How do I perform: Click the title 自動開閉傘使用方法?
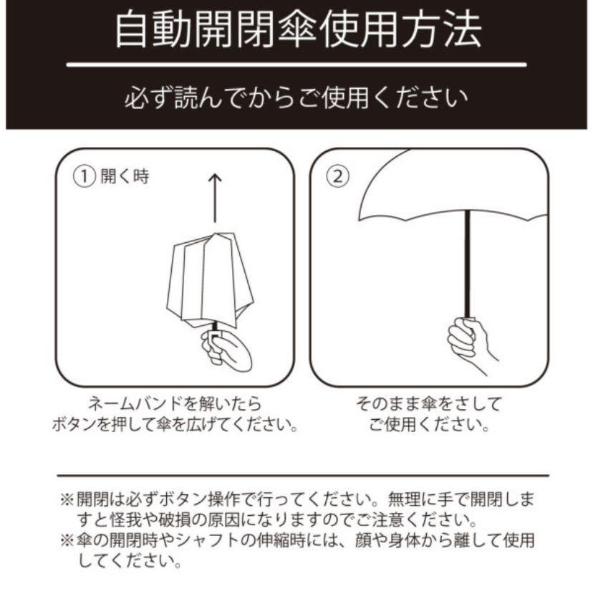tap(297, 29)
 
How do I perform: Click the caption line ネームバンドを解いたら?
tap(174, 403)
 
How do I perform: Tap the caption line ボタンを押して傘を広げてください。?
tap(174, 424)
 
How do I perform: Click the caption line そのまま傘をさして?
tap(429, 403)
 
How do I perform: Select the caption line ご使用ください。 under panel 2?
tap(429, 424)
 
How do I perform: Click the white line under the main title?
tap(296, 65)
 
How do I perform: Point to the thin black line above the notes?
tap(302, 475)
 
